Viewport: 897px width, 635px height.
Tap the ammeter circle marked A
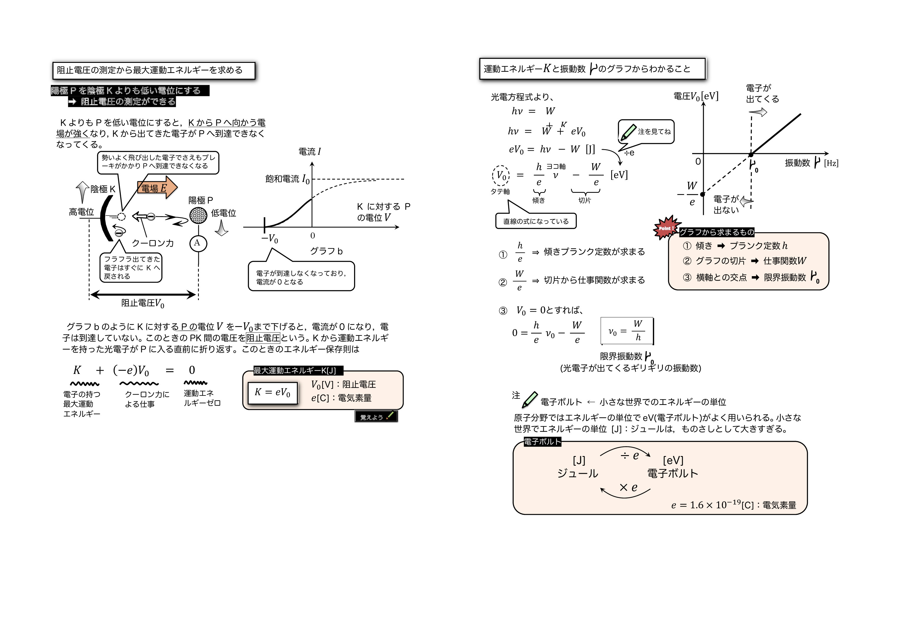(x=198, y=243)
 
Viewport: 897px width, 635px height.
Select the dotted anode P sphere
(x=198, y=215)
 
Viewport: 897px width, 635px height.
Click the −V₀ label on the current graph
(x=270, y=239)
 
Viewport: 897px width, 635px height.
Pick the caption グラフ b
(x=326, y=251)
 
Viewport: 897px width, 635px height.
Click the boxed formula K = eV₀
(x=273, y=393)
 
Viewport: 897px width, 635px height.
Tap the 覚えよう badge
(x=376, y=416)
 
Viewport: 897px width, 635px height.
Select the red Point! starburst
(x=665, y=228)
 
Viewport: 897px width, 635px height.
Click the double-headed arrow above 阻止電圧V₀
(x=143, y=294)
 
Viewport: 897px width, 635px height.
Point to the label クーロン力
(x=153, y=243)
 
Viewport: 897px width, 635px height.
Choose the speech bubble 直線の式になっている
(x=536, y=221)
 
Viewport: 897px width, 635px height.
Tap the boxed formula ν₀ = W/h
(x=627, y=331)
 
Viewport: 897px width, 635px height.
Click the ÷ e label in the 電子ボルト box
(x=630, y=455)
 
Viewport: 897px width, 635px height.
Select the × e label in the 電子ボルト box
(x=628, y=487)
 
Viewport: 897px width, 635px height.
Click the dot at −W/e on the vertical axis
(x=703, y=194)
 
